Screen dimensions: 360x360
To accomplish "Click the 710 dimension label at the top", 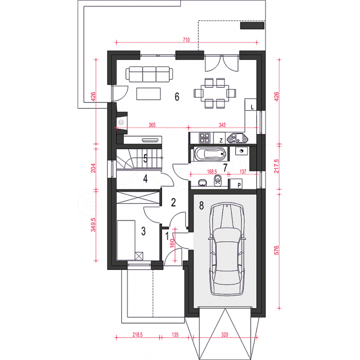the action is (x=186, y=40).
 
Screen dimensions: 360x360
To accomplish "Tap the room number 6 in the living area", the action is (x=177, y=96).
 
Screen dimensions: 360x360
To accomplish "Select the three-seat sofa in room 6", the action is (x=149, y=74).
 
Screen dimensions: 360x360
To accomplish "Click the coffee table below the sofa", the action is (x=148, y=93).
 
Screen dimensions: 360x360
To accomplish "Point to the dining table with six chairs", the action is (x=215, y=93).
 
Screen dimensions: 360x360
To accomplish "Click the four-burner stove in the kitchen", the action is (x=204, y=138).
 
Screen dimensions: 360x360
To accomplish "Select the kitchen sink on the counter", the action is (x=237, y=138).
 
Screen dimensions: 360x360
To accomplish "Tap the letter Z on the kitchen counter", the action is (x=221, y=140).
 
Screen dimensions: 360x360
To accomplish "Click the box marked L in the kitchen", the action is (x=250, y=104).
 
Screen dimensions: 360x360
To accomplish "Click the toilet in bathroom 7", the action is (x=217, y=181).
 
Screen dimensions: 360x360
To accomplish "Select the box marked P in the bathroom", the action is (x=236, y=184).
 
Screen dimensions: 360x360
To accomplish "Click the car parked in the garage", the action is (x=227, y=249).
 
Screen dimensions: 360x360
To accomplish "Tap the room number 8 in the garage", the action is (x=201, y=205).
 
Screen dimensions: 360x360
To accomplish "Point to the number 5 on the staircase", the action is (x=145, y=158).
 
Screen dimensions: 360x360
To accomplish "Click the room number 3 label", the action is (x=143, y=231).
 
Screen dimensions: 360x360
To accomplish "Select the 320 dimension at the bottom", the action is (x=225, y=334).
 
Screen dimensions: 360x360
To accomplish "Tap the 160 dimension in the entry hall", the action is (x=172, y=243).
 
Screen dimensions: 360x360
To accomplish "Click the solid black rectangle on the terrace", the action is (x=252, y=25).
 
